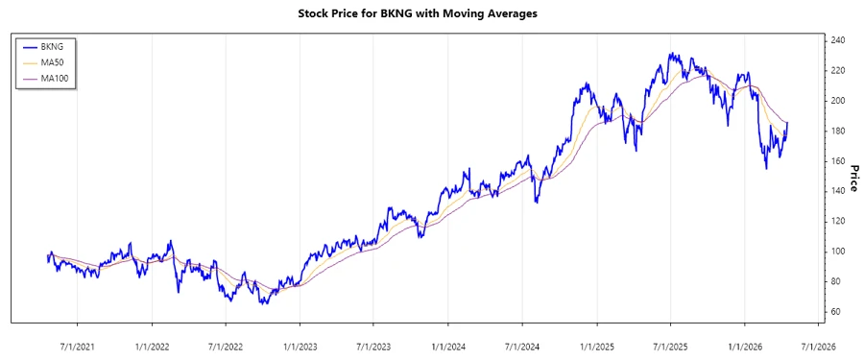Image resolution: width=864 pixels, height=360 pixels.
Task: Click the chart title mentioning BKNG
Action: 431,14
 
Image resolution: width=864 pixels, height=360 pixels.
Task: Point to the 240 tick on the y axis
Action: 839,40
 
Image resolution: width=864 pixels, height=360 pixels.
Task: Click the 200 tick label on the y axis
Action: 839,101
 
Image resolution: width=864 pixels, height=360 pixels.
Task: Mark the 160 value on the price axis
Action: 839,161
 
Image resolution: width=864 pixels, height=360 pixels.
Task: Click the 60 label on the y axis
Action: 836,312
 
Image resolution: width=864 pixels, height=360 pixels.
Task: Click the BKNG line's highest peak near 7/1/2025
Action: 672,54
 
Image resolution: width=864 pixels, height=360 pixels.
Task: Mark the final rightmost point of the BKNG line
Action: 788,122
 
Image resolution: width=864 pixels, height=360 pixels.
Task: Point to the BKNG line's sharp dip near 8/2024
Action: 537,203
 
